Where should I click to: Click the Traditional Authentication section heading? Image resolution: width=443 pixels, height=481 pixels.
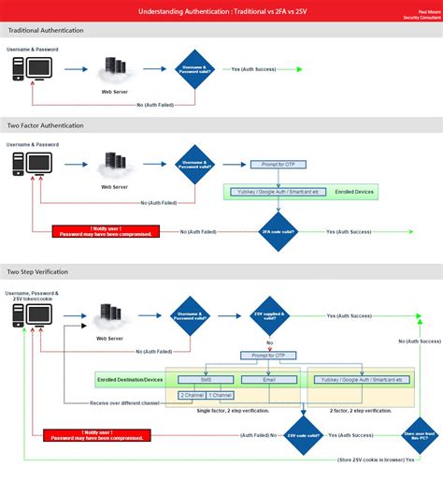pyautogui.click(x=46, y=30)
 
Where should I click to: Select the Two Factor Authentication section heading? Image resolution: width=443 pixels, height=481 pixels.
pyautogui.click(x=46, y=125)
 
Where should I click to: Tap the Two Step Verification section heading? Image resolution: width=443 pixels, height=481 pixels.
pyautogui.click(x=38, y=270)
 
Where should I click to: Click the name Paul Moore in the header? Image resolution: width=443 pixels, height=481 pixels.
pyautogui.click(x=416, y=11)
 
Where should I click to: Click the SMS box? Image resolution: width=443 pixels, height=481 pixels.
pyautogui.click(x=206, y=380)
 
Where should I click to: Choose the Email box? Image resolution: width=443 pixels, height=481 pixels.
pyautogui.click(x=267, y=380)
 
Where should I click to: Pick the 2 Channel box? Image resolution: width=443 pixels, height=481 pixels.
pyautogui.click(x=193, y=397)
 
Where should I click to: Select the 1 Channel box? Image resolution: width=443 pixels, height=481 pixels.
pyautogui.click(x=221, y=397)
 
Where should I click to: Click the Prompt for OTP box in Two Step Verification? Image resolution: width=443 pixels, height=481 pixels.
pyautogui.click(x=269, y=356)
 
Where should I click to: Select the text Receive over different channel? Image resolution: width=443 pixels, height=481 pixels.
pyautogui.click(x=125, y=402)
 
